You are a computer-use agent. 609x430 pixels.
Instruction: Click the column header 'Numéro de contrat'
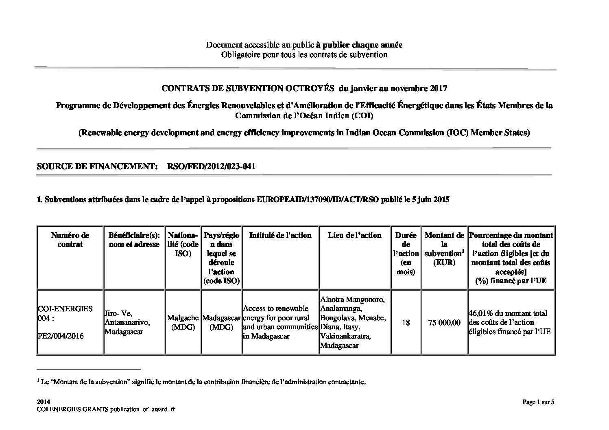70,240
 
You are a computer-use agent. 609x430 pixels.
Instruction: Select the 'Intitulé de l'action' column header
280,235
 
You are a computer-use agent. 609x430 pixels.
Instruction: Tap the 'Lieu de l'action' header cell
355,235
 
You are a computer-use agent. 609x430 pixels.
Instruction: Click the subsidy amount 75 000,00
444,323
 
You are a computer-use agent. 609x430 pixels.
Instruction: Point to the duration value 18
406,323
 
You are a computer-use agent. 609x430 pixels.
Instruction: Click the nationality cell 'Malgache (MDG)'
183,323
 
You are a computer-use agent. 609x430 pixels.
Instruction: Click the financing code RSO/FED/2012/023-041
211,166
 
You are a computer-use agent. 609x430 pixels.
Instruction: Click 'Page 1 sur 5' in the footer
538,402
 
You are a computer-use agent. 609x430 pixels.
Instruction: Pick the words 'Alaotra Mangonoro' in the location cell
352,300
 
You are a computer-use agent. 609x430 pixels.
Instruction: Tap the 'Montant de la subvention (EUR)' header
444,249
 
